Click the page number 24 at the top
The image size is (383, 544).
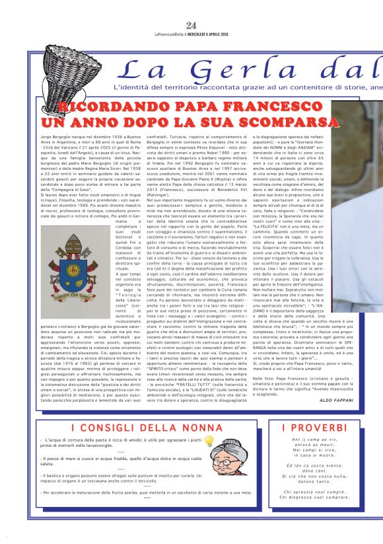click(191, 26)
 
